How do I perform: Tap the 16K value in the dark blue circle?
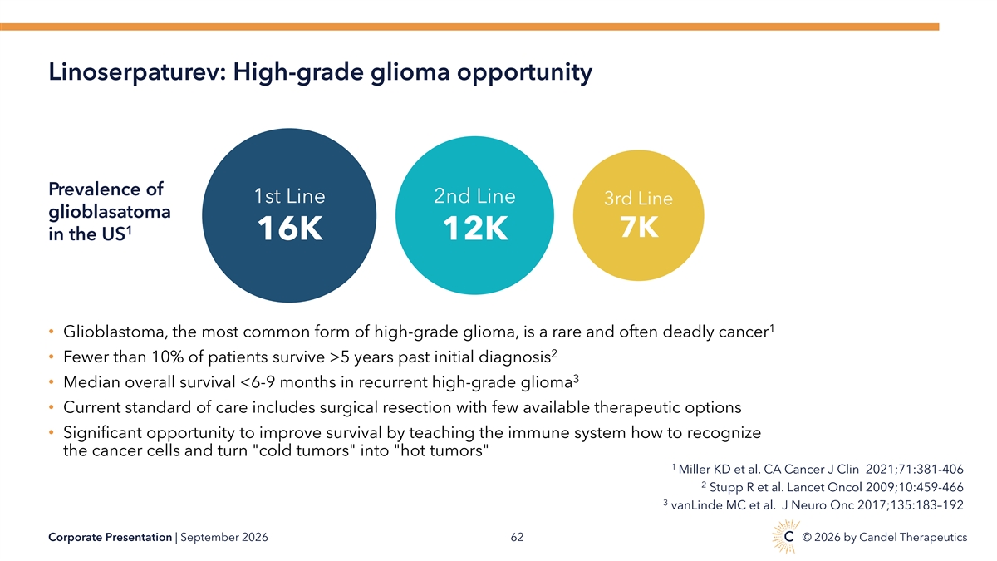pyautogui.click(x=290, y=229)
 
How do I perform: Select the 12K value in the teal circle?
pyautogui.click(x=475, y=229)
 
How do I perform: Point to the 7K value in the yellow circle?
pyautogui.click(x=639, y=227)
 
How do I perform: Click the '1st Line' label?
pyautogui.click(x=289, y=196)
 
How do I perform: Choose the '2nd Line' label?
pyautogui.click(x=474, y=196)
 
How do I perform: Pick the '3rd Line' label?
pyautogui.click(x=638, y=198)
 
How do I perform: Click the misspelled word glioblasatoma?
pyautogui.click(x=110, y=212)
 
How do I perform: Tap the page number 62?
pyautogui.click(x=517, y=538)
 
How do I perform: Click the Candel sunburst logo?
pyautogui.click(x=786, y=536)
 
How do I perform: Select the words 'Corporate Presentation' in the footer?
pyautogui.click(x=110, y=538)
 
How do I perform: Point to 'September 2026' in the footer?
pyautogui.click(x=223, y=538)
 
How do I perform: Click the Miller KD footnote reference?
pyautogui.click(x=818, y=470)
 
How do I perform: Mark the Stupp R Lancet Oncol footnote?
pyautogui.click(x=832, y=487)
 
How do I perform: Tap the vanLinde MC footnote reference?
pyautogui.click(x=813, y=505)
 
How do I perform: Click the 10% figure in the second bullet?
pyautogui.click(x=167, y=357)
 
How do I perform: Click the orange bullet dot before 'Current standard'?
pyautogui.click(x=52, y=407)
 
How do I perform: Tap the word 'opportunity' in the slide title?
pyautogui.click(x=525, y=72)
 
